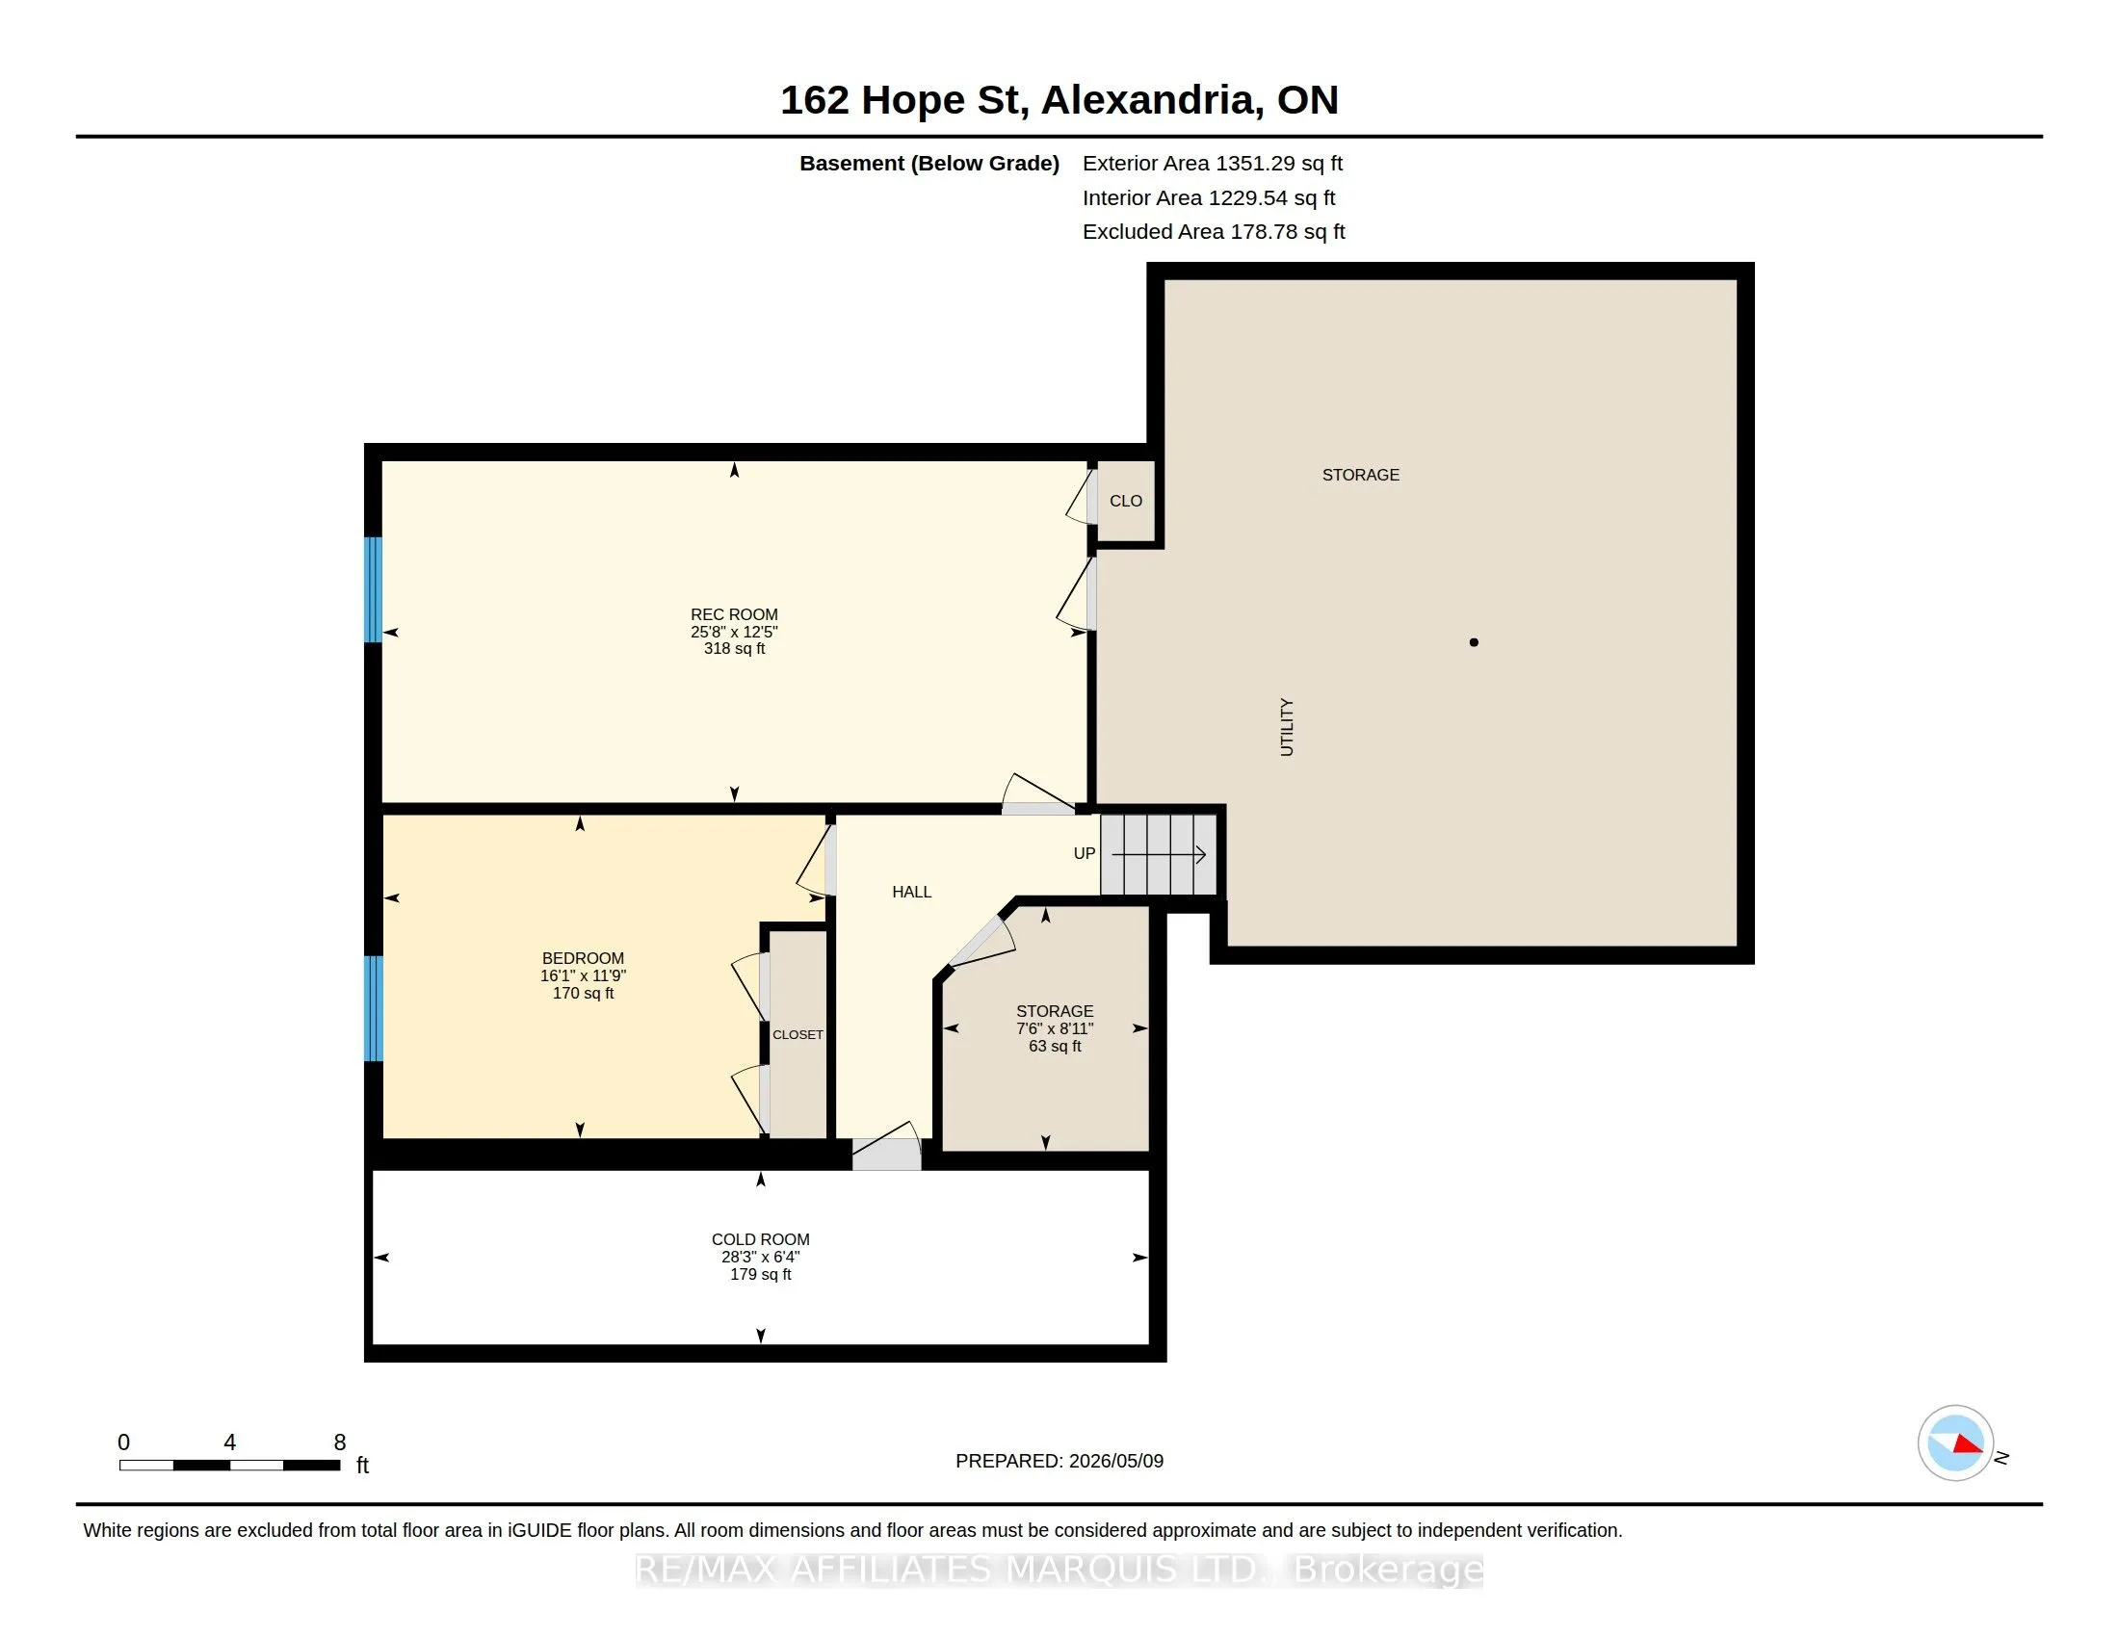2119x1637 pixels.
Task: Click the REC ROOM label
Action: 734,614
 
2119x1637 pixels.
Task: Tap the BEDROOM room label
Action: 583,958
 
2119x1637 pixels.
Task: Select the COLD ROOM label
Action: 761,1239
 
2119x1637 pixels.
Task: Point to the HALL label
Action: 912,893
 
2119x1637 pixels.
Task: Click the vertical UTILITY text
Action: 1287,726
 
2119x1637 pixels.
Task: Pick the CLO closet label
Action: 1125,502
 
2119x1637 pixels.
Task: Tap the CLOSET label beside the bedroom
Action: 798,1035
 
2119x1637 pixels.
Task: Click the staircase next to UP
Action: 1159,854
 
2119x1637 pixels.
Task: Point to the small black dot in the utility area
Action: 1474,642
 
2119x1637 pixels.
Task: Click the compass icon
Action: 1956,1443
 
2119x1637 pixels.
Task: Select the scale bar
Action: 230,1466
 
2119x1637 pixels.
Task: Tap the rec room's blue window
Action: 374,589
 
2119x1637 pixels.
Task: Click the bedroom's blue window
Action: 374,1008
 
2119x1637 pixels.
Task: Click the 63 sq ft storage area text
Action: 1055,1047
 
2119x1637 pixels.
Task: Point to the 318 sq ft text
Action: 735,649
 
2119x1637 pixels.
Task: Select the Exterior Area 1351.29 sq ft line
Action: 1213,164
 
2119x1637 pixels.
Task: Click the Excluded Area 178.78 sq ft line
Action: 1214,232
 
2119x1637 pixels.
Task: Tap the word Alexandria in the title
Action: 1153,100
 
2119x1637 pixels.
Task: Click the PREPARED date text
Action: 1059,1462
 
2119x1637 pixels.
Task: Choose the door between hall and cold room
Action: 886,1147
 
